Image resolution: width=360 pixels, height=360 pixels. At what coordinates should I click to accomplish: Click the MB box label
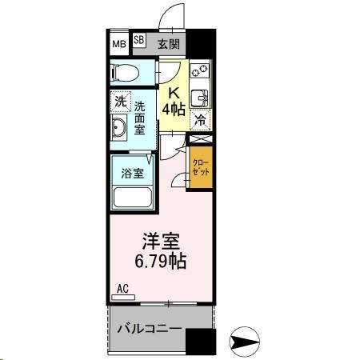point(118,43)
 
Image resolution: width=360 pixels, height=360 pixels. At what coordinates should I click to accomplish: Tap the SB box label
point(138,39)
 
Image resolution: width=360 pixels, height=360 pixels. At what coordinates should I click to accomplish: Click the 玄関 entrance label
point(168,43)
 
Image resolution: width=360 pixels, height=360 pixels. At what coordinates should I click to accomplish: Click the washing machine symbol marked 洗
point(119,102)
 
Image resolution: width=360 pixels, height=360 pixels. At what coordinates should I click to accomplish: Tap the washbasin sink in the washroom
point(120,129)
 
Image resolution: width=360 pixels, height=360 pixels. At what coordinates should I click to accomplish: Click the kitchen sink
point(202,98)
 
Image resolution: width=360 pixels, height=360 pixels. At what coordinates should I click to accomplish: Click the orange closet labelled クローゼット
point(199,166)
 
